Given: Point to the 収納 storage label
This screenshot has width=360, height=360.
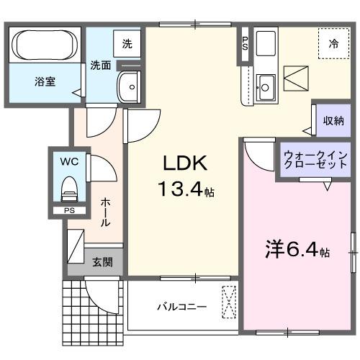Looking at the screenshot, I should click(x=333, y=120).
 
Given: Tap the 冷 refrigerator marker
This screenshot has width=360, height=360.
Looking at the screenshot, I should click(x=333, y=44).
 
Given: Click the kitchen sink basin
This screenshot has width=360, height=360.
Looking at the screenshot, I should click(x=265, y=87).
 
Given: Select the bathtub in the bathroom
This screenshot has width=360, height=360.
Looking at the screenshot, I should click(x=45, y=45).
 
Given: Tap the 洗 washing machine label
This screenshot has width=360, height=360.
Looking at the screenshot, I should click(x=127, y=43).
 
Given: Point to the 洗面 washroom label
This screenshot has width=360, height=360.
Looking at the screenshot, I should click(x=100, y=66).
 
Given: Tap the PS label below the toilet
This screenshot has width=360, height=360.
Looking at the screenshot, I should click(x=68, y=210).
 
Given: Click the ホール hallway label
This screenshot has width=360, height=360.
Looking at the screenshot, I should click(x=105, y=212).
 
